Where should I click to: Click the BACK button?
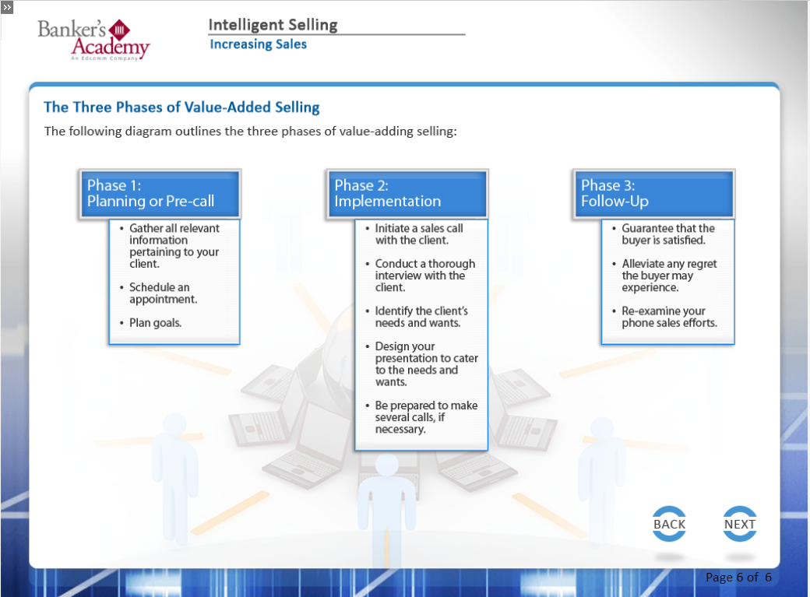click(669, 524)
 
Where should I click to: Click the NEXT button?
click(740, 524)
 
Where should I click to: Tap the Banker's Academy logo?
click(93, 40)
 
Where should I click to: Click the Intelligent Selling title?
click(273, 25)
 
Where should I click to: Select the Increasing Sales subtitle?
click(259, 44)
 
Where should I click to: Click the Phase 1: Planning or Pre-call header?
click(160, 194)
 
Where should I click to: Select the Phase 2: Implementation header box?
click(407, 194)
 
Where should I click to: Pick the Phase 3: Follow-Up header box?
click(653, 194)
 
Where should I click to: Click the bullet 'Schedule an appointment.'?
click(163, 293)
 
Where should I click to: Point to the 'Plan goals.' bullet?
click(155, 323)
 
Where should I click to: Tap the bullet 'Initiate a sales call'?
click(418, 234)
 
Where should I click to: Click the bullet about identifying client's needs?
click(421, 317)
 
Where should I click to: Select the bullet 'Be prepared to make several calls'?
click(426, 417)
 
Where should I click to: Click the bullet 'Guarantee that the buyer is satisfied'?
click(668, 234)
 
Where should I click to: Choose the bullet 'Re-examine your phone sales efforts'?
click(669, 317)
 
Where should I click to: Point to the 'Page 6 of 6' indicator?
click(738, 578)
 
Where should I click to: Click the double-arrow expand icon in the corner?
click(7, 7)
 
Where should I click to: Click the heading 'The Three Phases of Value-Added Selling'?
click(181, 107)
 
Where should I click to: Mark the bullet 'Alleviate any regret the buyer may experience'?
click(669, 276)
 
